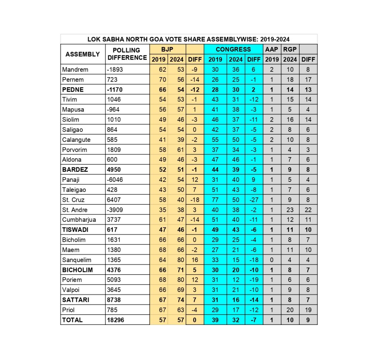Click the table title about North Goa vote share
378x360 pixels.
[x=189, y=39]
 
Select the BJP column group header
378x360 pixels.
[x=168, y=49]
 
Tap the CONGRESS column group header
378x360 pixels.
[x=233, y=49]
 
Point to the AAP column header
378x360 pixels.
[x=272, y=49]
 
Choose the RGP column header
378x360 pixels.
[x=290, y=49]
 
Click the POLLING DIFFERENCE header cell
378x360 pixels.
[x=127, y=54]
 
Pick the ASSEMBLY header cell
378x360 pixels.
[x=83, y=54]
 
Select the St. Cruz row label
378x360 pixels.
[x=73, y=200]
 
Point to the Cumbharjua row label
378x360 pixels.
[x=79, y=220]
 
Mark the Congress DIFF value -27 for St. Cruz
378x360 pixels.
[x=254, y=200]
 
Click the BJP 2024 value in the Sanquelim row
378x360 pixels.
[x=177, y=260]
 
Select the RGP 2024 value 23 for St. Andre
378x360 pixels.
[x=290, y=210]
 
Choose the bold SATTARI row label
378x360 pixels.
[x=76, y=300]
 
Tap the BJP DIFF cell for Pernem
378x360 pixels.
[x=195, y=79]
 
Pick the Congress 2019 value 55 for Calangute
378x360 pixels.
[x=215, y=140]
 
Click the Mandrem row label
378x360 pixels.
[x=75, y=69]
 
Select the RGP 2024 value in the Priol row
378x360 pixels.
[x=290, y=310]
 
